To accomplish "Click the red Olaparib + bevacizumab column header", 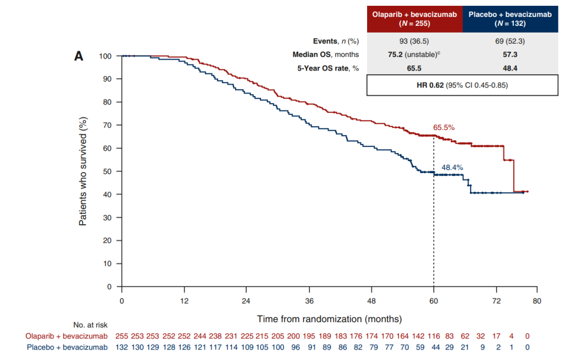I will click(414, 18).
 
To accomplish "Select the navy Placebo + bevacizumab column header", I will click(510, 18).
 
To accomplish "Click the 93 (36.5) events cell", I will click(414, 41).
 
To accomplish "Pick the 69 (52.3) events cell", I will click(510, 41).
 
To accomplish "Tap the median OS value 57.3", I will click(510, 54).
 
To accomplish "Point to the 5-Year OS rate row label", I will click(326, 68).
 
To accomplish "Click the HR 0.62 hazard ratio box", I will click(462, 85).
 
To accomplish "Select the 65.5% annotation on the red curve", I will click(443, 127).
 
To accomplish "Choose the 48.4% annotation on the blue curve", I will click(452, 167).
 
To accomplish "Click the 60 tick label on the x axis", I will click(433, 301).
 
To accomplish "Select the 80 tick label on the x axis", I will click(536, 301).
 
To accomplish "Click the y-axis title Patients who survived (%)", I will click(83, 172).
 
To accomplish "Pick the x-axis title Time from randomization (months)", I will click(329, 319).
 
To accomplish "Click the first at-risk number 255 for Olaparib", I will click(122, 336).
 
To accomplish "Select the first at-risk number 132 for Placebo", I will click(122, 347).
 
